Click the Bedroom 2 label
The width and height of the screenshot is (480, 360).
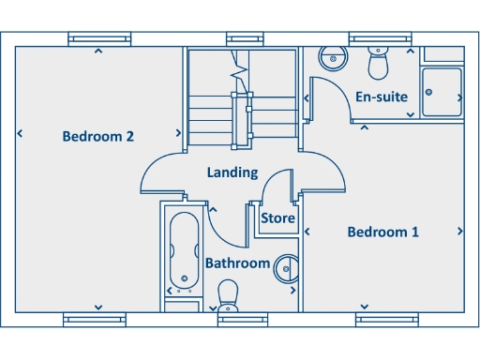click(x=98, y=137)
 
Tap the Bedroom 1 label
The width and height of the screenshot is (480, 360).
click(x=382, y=232)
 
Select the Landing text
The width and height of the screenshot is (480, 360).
click(x=232, y=172)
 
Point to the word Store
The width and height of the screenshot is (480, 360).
click(x=277, y=218)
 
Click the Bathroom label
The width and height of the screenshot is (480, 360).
click(x=237, y=263)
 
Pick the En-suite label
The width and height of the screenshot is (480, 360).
click(x=381, y=96)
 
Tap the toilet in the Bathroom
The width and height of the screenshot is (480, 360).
click(x=229, y=296)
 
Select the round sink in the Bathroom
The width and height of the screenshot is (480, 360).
click(x=287, y=269)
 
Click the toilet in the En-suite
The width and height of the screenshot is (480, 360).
click(x=379, y=64)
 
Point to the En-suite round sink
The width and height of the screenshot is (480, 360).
click(x=331, y=58)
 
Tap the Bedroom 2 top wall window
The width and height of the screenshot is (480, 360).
click(x=98, y=38)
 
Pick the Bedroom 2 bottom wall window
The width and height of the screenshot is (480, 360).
click(x=95, y=320)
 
